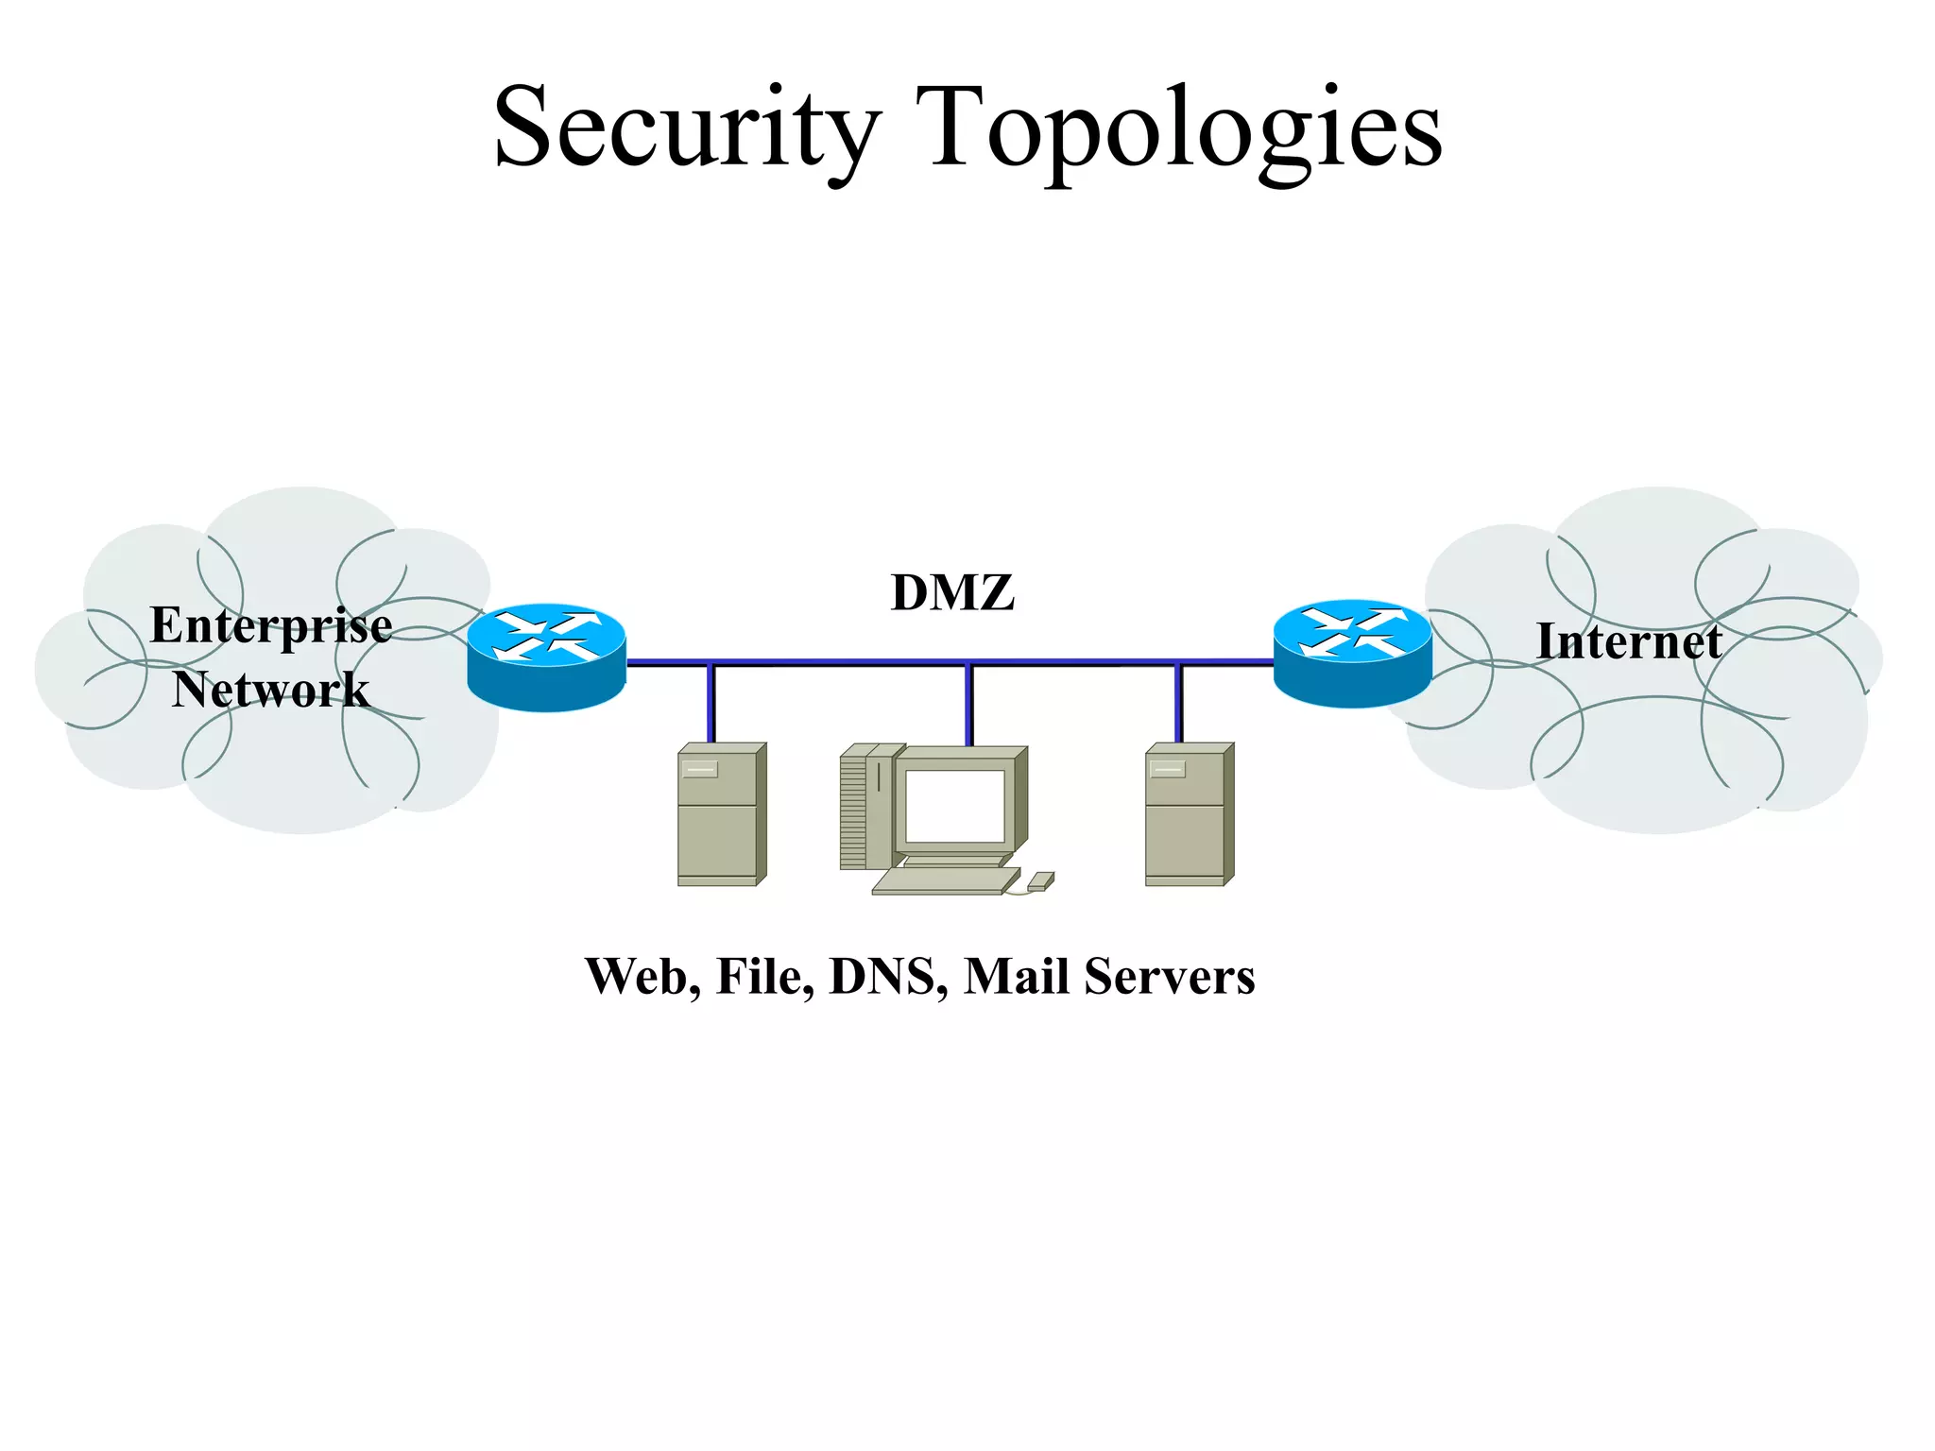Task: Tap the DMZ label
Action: [952, 593]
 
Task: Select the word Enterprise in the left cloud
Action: [271, 626]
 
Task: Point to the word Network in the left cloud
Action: [270, 690]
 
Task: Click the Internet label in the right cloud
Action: [1629, 641]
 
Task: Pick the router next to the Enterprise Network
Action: [546, 657]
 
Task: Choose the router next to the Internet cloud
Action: [1352, 653]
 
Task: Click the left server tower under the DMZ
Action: [721, 814]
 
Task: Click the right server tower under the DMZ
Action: [1189, 814]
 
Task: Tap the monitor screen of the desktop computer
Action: [954, 806]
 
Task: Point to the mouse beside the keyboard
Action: [1040, 881]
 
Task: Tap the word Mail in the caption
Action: [1017, 977]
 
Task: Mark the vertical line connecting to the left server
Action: [711, 704]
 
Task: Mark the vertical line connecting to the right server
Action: [1178, 704]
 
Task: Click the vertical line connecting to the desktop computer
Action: [968, 704]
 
